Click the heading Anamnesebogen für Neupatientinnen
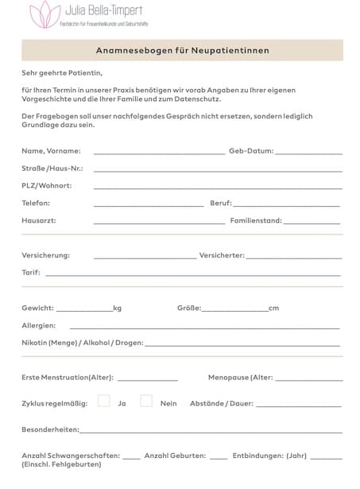[183, 50]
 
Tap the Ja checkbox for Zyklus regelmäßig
[104, 401]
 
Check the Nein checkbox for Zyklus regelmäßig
[146, 401]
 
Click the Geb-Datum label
[251, 150]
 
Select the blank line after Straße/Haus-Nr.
[218, 169]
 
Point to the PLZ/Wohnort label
[46, 185]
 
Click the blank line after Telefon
[148, 204]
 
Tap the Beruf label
[220, 203]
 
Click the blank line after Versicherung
[145, 257]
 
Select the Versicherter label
[222, 255]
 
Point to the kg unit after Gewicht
[117, 308]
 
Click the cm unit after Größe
[273, 308]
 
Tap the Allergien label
[38, 325]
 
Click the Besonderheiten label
[50, 429]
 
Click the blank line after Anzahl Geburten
[219, 458]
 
